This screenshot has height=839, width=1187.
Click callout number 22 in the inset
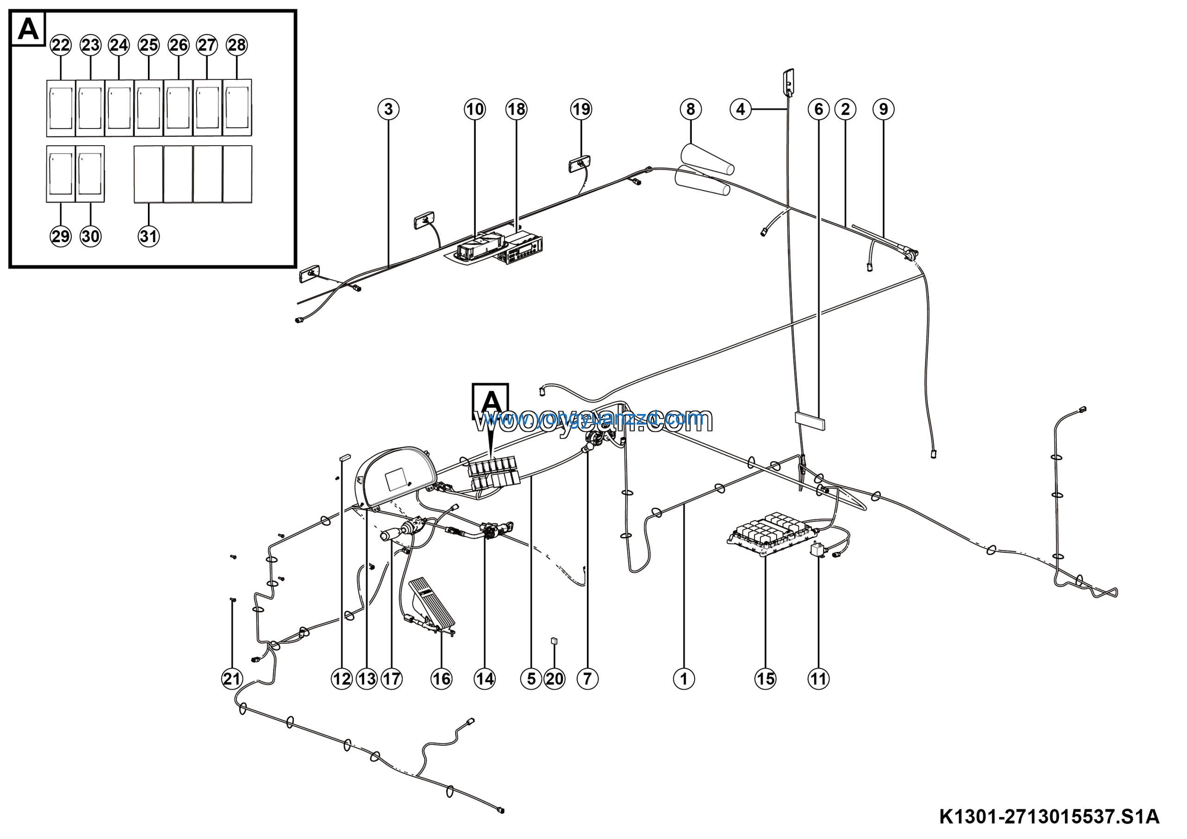pyautogui.click(x=60, y=45)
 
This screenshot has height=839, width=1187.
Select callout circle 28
pyautogui.click(x=237, y=45)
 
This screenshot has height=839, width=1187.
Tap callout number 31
pyautogui.click(x=148, y=236)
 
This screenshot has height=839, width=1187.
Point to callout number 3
pyautogui.click(x=388, y=109)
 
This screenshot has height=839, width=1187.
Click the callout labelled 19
pyautogui.click(x=581, y=109)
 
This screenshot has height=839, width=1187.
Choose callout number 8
pyautogui.click(x=691, y=109)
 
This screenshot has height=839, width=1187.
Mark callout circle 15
pyautogui.click(x=765, y=678)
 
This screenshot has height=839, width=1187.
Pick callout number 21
pyautogui.click(x=232, y=678)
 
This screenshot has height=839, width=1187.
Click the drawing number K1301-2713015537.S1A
pyautogui.click(x=1049, y=817)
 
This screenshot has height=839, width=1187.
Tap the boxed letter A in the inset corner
pyautogui.click(x=28, y=29)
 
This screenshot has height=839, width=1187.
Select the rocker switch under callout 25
pyautogui.click(x=149, y=108)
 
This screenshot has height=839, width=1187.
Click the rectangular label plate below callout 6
pyautogui.click(x=810, y=420)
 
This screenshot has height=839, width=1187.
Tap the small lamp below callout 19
pyautogui.click(x=579, y=166)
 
